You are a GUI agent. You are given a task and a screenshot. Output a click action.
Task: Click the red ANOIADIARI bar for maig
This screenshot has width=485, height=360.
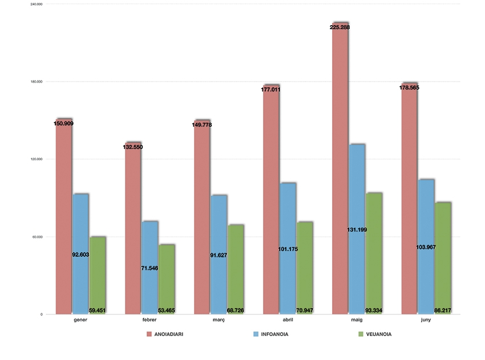point(340,171)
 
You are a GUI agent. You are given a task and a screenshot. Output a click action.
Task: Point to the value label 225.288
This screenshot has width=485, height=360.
point(340,26)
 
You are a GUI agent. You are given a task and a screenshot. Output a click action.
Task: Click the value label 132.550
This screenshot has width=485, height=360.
point(133,147)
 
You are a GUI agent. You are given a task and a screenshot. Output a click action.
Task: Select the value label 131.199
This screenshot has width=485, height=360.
point(357,229)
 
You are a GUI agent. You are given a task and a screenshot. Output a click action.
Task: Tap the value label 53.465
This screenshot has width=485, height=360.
point(167,310)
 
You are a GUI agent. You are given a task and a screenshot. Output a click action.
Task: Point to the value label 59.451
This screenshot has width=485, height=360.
point(98,310)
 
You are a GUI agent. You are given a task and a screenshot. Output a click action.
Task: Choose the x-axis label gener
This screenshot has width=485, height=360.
point(80,320)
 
